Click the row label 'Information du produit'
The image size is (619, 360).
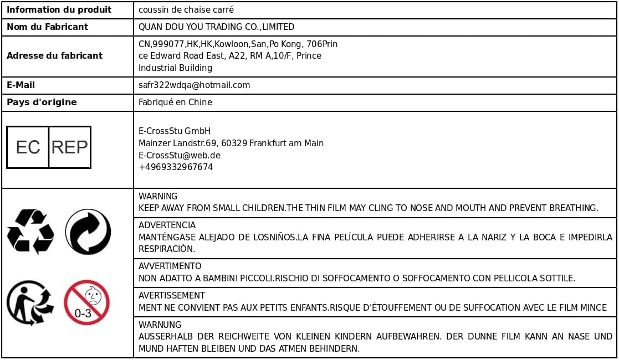(x=59, y=10)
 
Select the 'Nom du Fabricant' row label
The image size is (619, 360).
(x=47, y=27)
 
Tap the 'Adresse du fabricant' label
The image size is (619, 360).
(x=54, y=55)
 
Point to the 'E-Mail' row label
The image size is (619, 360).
(x=21, y=85)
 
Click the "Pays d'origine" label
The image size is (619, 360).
(x=42, y=102)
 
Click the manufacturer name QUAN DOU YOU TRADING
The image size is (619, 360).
(x=216, y=27)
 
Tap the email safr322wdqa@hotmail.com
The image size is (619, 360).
(x=194, y=85)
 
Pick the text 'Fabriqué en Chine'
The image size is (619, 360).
(x=175, y=102)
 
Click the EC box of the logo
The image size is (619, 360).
(x=28, y=147)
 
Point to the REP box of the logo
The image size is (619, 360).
(x=70, y=147)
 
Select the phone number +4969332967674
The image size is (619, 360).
(x=176, y=167)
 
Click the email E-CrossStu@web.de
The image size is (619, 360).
(x=180, y=155)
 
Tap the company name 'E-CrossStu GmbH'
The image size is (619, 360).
(x=175, y=131)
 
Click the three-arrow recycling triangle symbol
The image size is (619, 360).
(x=30, y=232)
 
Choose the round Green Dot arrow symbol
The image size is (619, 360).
(x=88, y=232)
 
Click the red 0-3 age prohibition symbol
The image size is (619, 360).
(x=86, y=302)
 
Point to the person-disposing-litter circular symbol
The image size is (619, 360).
(x=30, y=302)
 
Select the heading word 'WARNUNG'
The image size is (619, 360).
(x=160, y=325)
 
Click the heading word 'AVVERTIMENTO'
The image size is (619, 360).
(x=170, y=266)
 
